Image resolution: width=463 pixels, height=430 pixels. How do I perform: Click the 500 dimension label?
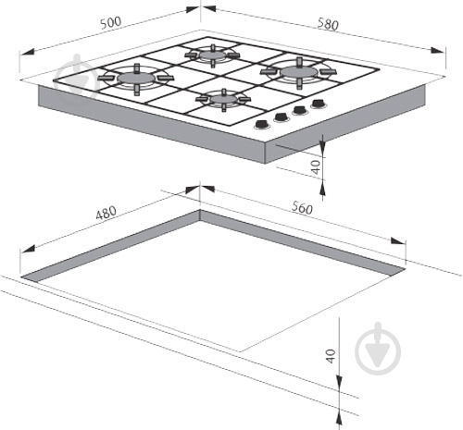click(111, 22)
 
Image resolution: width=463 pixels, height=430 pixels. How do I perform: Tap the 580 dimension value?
click(328, 24)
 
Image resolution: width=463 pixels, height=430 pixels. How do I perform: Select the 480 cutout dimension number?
click(106, 213)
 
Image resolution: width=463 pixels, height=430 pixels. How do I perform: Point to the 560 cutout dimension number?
click(302, 207)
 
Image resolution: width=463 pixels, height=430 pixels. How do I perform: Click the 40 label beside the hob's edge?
click(316, 167)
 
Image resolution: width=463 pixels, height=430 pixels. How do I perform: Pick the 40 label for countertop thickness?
click(331, 356)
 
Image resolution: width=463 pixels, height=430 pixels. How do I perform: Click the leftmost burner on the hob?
click(136, 79)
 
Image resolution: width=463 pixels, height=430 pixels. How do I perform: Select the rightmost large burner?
click(299, 73)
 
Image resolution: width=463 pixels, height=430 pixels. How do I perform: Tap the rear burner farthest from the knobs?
click(212, 55)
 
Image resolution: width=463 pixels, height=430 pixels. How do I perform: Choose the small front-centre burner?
click(223, 100)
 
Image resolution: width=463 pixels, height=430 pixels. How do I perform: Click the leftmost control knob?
click(262, 124)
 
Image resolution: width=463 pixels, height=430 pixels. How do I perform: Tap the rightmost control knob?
click(319, 104)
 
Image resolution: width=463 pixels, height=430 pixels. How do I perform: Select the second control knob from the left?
click(281, 117)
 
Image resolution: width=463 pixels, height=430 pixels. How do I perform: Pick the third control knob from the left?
click(300, 110)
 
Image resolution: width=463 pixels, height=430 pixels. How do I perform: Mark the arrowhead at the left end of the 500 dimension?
click(26, 52)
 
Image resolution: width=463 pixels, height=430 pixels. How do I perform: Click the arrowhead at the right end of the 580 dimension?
click(438, 51)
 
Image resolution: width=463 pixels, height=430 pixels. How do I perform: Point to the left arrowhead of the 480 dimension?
click(27, 249)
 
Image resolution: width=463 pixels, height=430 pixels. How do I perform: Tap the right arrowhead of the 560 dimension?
click(398, 240)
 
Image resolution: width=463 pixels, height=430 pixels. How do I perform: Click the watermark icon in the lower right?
click(378, 349)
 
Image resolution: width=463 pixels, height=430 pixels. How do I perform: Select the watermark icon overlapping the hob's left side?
click(77, 78)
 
